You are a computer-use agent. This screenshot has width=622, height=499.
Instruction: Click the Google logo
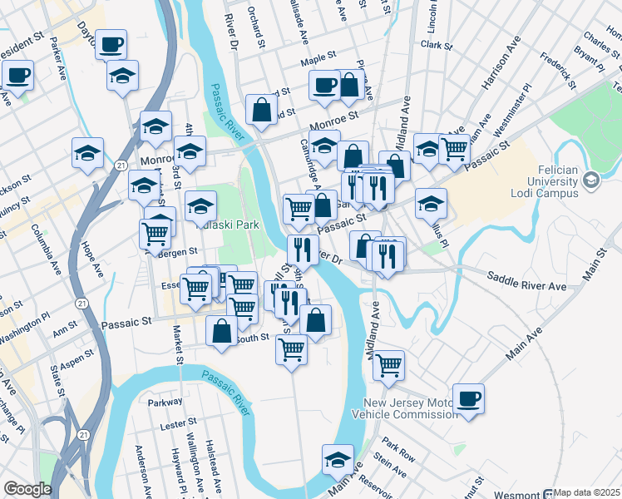pyautogui.click(x=27, y=490)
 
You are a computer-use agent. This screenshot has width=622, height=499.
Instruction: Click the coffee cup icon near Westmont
pyautogui.click(x=468, y=398)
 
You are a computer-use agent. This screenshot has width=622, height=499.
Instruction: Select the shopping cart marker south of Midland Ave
pyautogui.click(x=388, y=364)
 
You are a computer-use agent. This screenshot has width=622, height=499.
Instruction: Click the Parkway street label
pyautogui.click(x=165, y=402)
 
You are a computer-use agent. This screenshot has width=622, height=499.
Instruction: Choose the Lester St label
pyautogui.click(x=173, y=423)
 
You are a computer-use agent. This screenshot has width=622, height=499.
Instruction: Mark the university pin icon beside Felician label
pyautogui.click(x=590, y=179)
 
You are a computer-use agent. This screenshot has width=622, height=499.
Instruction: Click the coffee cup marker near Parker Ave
pyautogui.click(x=111, y=44)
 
